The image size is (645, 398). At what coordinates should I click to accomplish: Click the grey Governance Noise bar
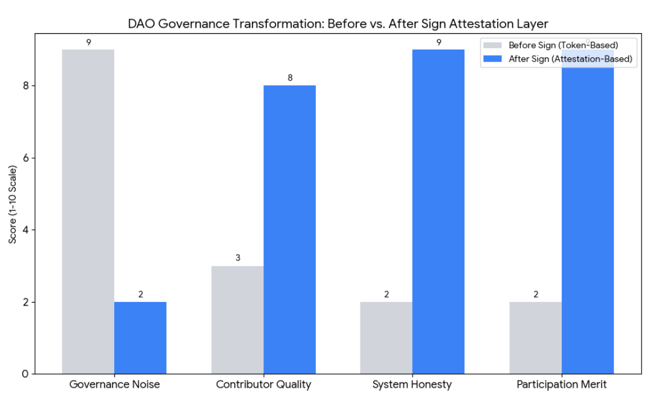[x=88, y=211]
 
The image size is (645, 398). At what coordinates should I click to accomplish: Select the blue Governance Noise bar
[x=140, y=338]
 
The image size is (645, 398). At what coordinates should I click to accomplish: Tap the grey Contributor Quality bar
[x=237, y=319]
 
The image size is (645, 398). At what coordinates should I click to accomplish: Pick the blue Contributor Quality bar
[x=289, y=229]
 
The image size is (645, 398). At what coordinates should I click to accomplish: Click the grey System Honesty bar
[x=387, y=338]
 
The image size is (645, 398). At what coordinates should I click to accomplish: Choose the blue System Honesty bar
[x=438, y=211]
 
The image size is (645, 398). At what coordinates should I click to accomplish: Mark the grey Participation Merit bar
[x=536, y=338]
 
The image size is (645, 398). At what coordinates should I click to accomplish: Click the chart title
[x=338, y=24]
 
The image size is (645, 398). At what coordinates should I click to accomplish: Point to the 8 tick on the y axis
[x=25, y=86]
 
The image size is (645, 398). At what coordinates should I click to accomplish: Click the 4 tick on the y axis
[x=25, y=230]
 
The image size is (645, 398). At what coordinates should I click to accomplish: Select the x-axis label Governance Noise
[x=114, y=384]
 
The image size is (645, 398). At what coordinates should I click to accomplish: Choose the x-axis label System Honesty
[x=412, y=384]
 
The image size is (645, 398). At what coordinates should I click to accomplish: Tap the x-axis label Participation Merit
[x=561, y=384]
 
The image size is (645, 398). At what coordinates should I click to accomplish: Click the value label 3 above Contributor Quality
[x=238, y=258]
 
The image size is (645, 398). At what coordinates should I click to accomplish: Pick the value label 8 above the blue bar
[x=290, y=78]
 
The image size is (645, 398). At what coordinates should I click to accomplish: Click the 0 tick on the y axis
[x=25, y=374]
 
